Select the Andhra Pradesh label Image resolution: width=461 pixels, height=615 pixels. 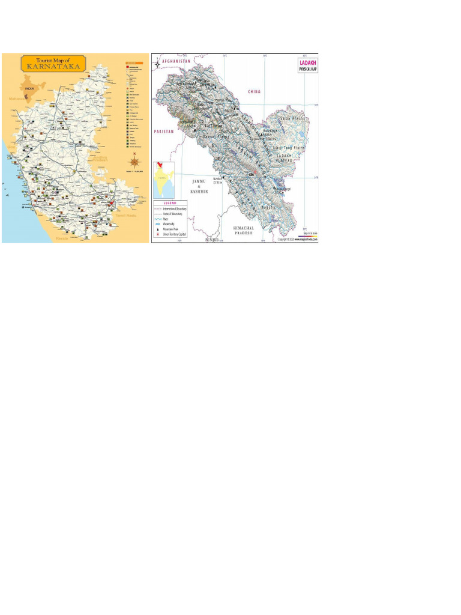click(x=98, y=158)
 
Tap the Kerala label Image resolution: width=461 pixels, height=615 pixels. click(x=62, y=238)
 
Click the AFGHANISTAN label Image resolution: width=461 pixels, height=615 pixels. click(x=176, y=61)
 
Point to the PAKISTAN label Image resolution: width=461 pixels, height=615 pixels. click(x=163, y=130)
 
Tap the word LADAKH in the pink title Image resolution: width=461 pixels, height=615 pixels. click(x=306, y=62)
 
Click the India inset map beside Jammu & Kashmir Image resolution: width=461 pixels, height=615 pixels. click(x=164, y=178)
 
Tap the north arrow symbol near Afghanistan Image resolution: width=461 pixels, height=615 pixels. click(x=158, y=62)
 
